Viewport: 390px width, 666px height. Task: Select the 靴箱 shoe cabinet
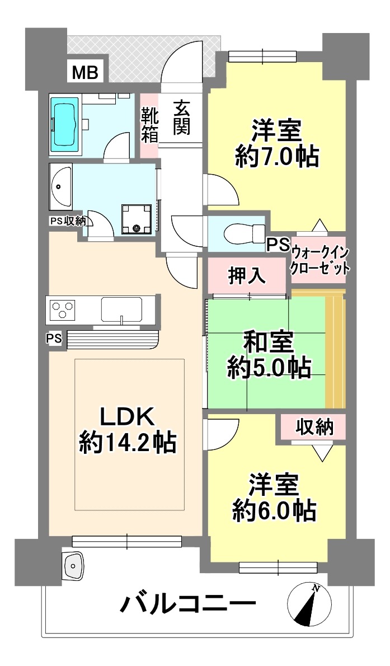click(x=149, y=125)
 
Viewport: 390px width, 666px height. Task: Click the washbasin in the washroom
click(x=61, y=187)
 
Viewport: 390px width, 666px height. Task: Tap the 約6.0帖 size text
click(x=274, y=510)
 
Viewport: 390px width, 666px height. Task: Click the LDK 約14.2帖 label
click(x=126, y=430)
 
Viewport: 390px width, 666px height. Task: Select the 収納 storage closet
click(x=315, y=426)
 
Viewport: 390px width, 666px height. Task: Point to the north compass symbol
click(x=310, y=603)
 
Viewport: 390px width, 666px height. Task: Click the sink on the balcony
click(x=73, y=565)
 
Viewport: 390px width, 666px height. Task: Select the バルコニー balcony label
click(x=188, y=604)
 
